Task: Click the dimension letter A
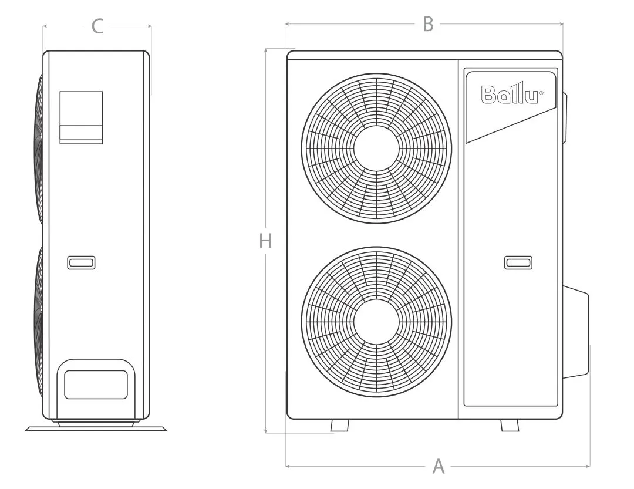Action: pos(439,466)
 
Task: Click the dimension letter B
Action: pos(428,24)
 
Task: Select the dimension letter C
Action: pos(97,26)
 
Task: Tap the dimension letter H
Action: pos(265,241)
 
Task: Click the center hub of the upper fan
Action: pos(376,148)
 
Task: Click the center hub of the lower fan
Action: pos(376,322)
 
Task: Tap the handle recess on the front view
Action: pos(518,263)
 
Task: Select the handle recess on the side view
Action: pos(81,262)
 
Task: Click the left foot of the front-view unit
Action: pos(340,425)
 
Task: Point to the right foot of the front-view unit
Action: pos(510,425)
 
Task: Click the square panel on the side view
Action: pos(81,117)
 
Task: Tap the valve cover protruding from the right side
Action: pos(575,332)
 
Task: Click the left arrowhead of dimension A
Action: pos(288,466)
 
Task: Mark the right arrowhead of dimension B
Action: pos(561,24)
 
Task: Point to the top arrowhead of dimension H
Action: pos(265,50)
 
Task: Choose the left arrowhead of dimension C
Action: pos(45,26)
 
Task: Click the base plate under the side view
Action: pos(96,429)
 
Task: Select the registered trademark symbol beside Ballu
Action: pos(541,93)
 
